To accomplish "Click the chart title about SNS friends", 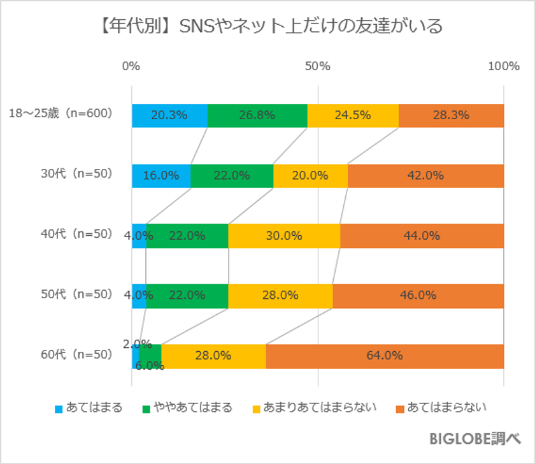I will click(267, 27).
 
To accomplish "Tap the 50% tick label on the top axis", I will click(317, 66).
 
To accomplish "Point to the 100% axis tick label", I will click(503, 66).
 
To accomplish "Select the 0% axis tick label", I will click(131, 66).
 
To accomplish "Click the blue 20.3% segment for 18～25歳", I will click(169, 115).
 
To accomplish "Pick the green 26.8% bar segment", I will click(257, 115).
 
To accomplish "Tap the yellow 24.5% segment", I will click(353, 115).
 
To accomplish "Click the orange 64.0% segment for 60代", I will click(385, 356).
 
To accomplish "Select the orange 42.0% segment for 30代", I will click(425, 176).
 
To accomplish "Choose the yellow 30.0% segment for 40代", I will click(284, 236).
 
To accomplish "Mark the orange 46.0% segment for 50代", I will click(418, 295).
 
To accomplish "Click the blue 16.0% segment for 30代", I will click(161, 176).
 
